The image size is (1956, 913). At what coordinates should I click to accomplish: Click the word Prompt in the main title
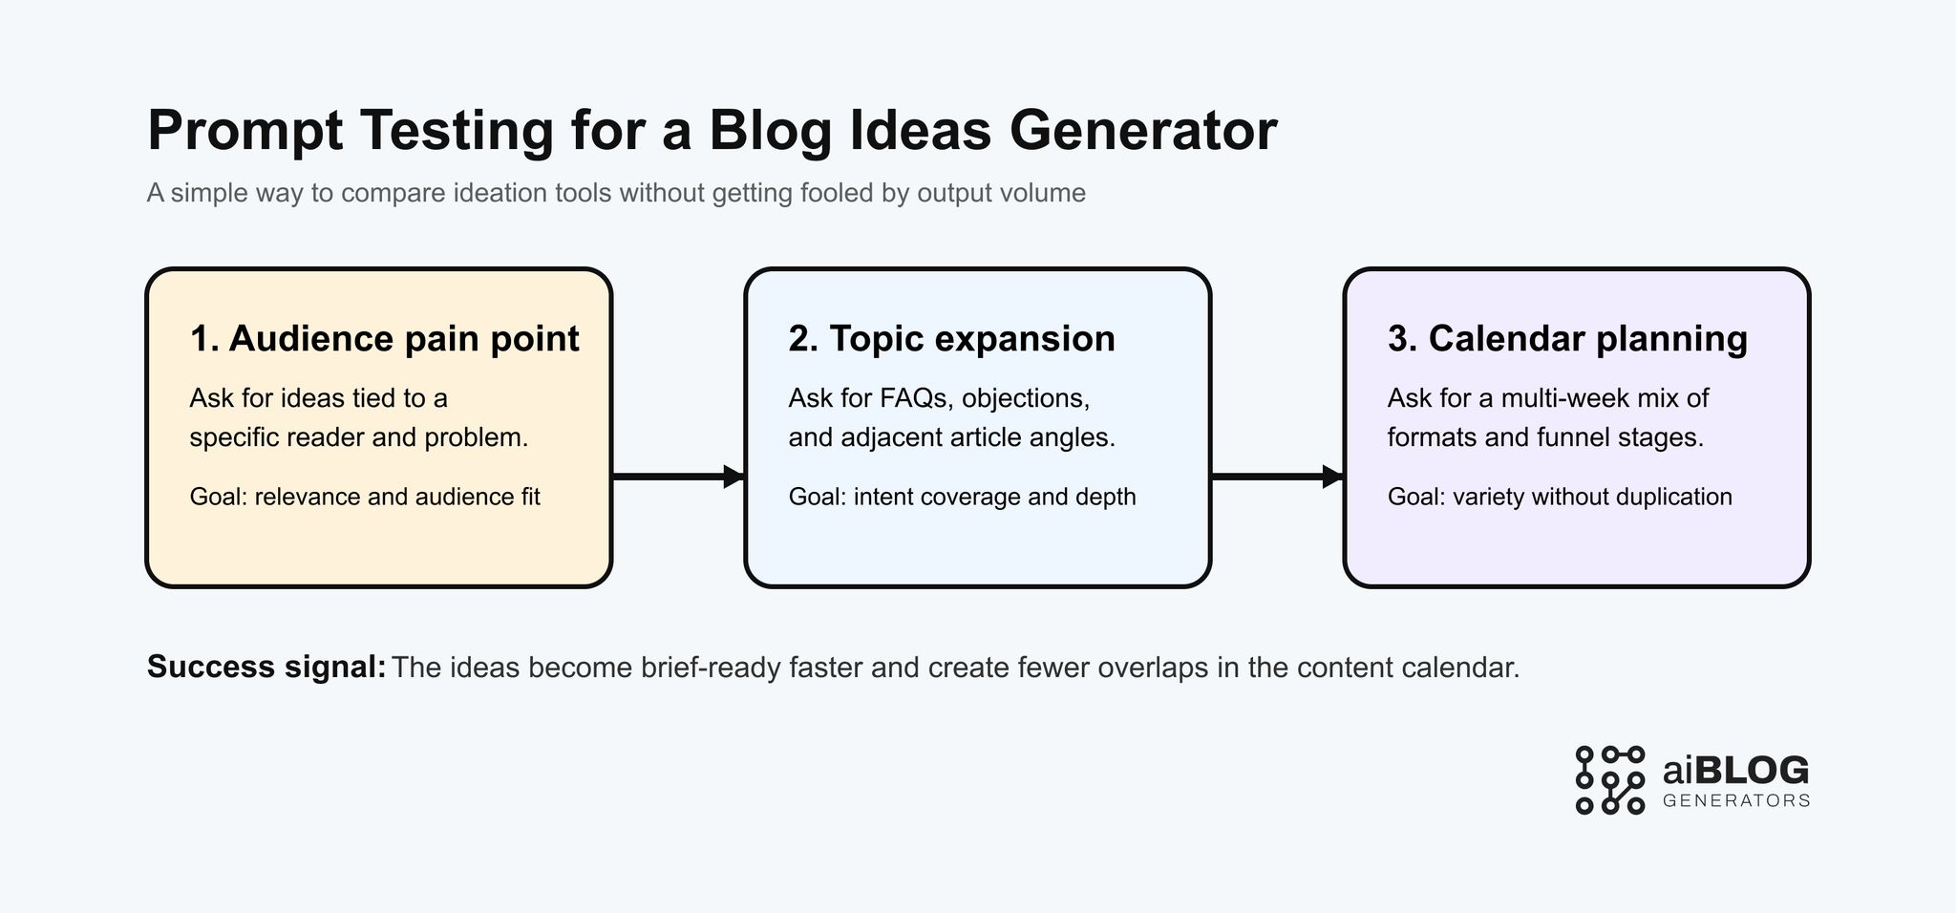click(x=244, y=131)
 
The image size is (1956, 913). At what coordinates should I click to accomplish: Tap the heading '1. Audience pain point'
click(x=384, y=339)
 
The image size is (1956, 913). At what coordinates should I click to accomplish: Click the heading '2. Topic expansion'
click(x=951, y=339)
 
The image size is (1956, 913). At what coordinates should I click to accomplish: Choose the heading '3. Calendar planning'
click(x=1567, y=339)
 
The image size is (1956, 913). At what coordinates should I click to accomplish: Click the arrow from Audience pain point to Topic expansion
click(x=677, y=476)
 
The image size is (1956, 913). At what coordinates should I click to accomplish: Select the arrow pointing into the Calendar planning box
click(x=1277, y=476)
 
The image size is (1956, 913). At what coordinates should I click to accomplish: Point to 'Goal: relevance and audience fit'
click(x=365, y=497)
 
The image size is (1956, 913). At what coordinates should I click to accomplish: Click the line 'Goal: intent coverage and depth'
click(x=962, y=497)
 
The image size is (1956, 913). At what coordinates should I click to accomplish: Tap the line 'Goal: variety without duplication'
click(x=1559, y=497)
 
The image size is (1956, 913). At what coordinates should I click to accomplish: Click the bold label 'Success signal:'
click(x=266, y=667)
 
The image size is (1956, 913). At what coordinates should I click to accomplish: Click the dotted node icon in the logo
click(x=1609, y=780)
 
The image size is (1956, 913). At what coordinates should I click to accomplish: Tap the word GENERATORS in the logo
click(x=1736, y=800)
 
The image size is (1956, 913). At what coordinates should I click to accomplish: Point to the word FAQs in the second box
click(x=913, y=397)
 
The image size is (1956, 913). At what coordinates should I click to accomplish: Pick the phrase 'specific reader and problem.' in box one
click(x=359, y=437)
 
